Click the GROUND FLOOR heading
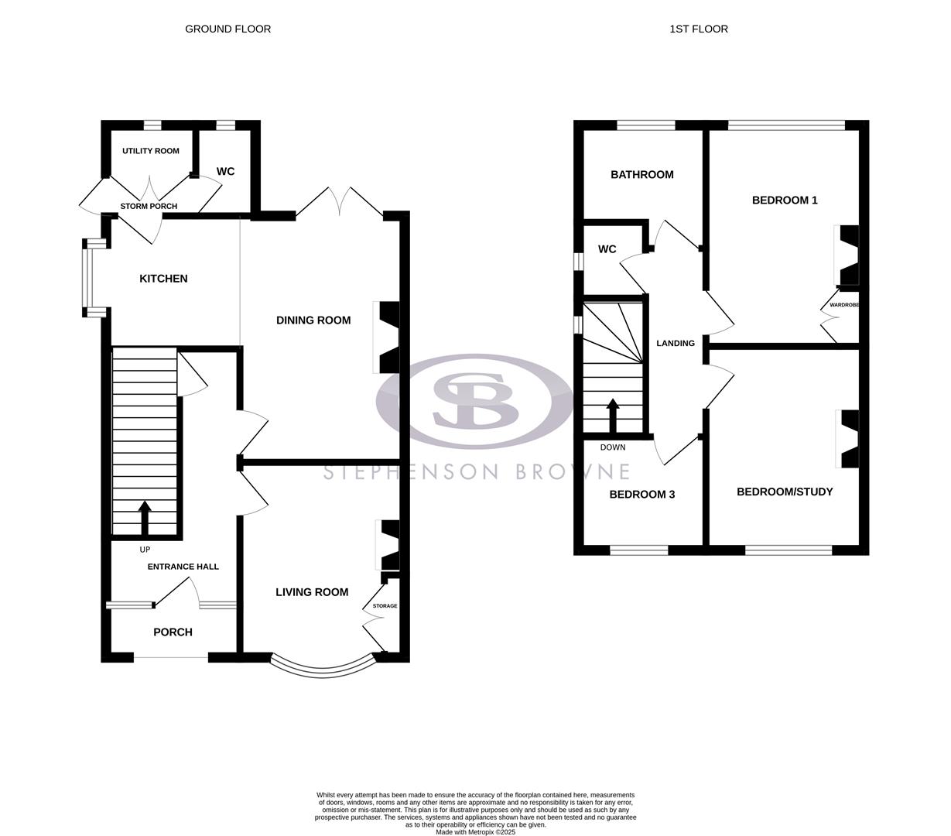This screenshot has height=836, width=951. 227,29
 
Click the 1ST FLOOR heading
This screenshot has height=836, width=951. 698,29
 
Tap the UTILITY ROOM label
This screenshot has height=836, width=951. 150,151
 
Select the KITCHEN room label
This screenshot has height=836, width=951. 163,279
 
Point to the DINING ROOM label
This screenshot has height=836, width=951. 313,320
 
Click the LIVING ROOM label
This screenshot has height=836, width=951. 312,592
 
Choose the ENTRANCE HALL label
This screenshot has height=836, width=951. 183,567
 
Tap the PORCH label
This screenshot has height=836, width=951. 173,632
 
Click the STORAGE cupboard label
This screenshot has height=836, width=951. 385,606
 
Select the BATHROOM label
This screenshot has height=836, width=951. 641,175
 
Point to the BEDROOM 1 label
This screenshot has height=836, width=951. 785,200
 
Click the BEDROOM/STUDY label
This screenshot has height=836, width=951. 785,492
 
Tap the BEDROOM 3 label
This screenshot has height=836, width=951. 641,495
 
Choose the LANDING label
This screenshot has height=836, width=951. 676,343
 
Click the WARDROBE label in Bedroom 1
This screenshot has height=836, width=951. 844,305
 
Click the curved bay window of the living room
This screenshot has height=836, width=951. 321,667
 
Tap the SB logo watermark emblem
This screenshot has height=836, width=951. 474,400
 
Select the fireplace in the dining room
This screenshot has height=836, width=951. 386,337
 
